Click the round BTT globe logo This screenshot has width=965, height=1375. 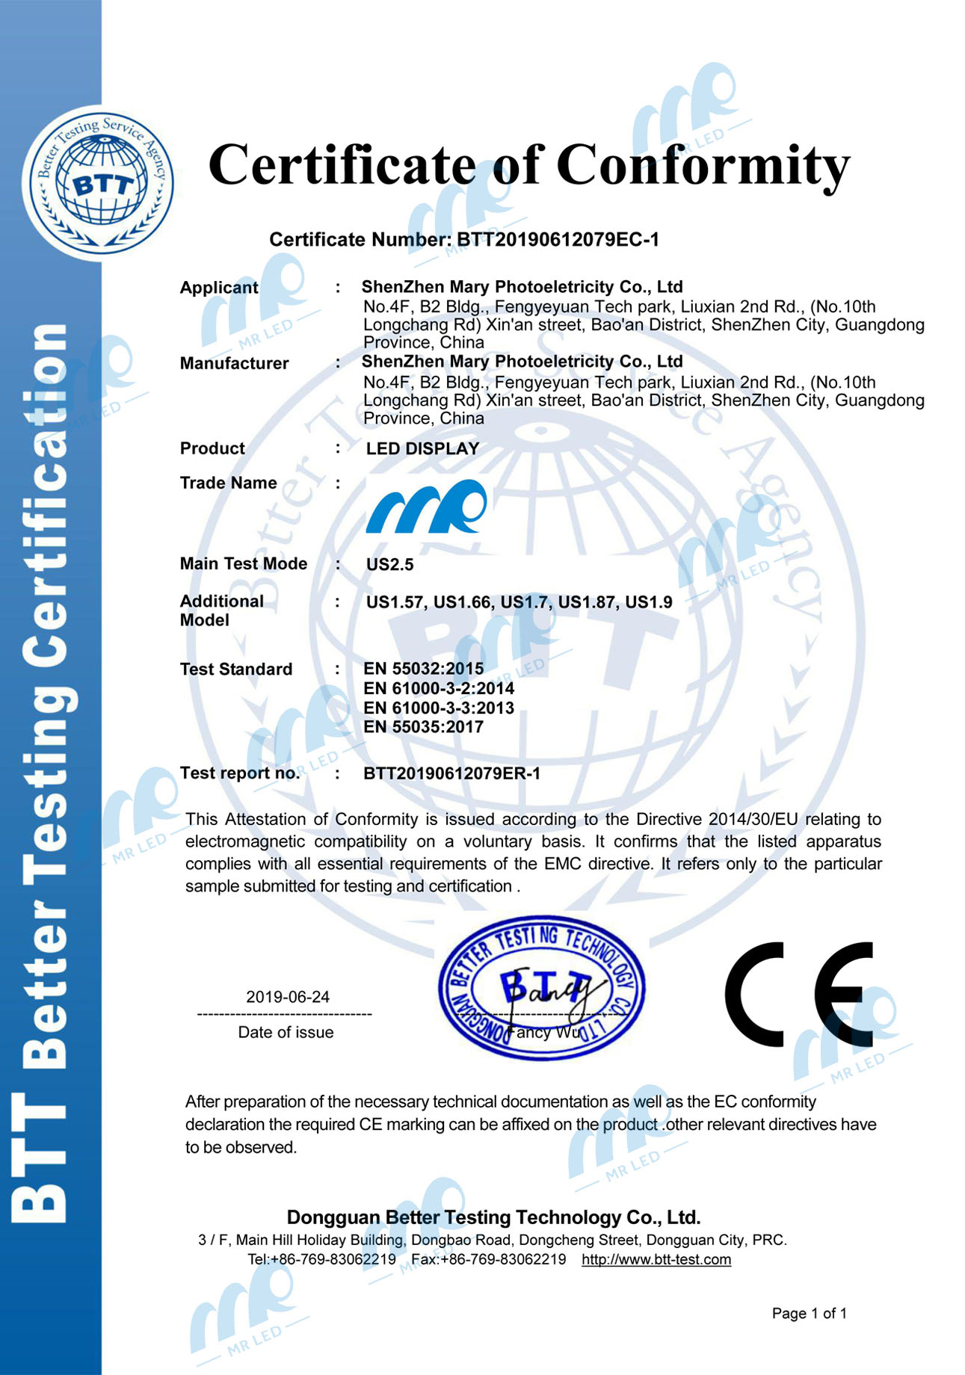[x=98, y=183]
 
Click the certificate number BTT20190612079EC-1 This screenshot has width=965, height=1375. [x=558, y=240]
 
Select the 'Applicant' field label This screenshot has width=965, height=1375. [x=218, y=288]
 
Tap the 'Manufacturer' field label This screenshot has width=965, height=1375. [x=234, y=363]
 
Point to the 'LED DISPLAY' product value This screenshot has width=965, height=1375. [x=422, y=448]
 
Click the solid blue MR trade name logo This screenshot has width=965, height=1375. [x=426, y=507]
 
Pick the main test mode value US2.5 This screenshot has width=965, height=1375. [x=389, y=565]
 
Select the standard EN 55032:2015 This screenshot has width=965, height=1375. [x=423, y=668]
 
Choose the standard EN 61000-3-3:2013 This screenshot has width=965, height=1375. [x=439, y=708]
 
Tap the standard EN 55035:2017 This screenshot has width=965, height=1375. [x=423, y=727]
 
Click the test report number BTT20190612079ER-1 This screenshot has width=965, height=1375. [x=451, y=773]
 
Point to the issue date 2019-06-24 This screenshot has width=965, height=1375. [x=288, y=997]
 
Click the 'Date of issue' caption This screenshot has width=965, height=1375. [x=286, y=1032]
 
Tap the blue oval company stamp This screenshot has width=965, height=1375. [x=542, y=988]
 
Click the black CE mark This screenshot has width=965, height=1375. [x=799, y=994]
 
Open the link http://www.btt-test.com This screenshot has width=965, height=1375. [x=656, y=1259]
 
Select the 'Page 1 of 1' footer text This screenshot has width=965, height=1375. [x=809, y=1313]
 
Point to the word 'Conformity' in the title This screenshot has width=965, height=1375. [x=703, y=164]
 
